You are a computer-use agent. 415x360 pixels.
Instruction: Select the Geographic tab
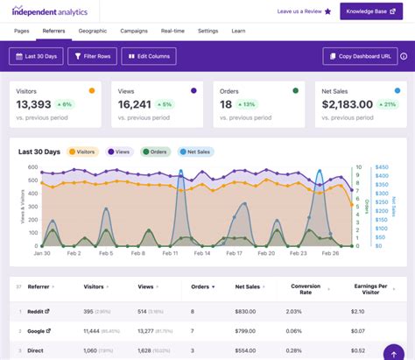pos(92,31)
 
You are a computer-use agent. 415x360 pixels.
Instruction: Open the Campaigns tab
pos(133,31)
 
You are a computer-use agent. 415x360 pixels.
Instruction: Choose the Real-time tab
pos(172,31)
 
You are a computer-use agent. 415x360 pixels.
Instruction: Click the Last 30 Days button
pos(36,56)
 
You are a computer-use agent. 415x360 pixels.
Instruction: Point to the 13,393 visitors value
pos(35,104)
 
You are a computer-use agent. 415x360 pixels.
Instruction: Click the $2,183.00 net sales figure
pos(348,104)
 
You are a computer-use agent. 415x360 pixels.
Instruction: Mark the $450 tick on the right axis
pos(382,166)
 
